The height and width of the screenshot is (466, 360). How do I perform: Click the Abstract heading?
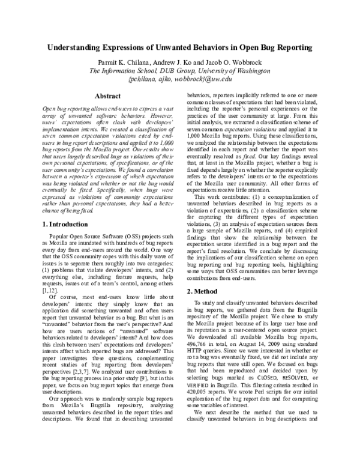click(x=110, y=95)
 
